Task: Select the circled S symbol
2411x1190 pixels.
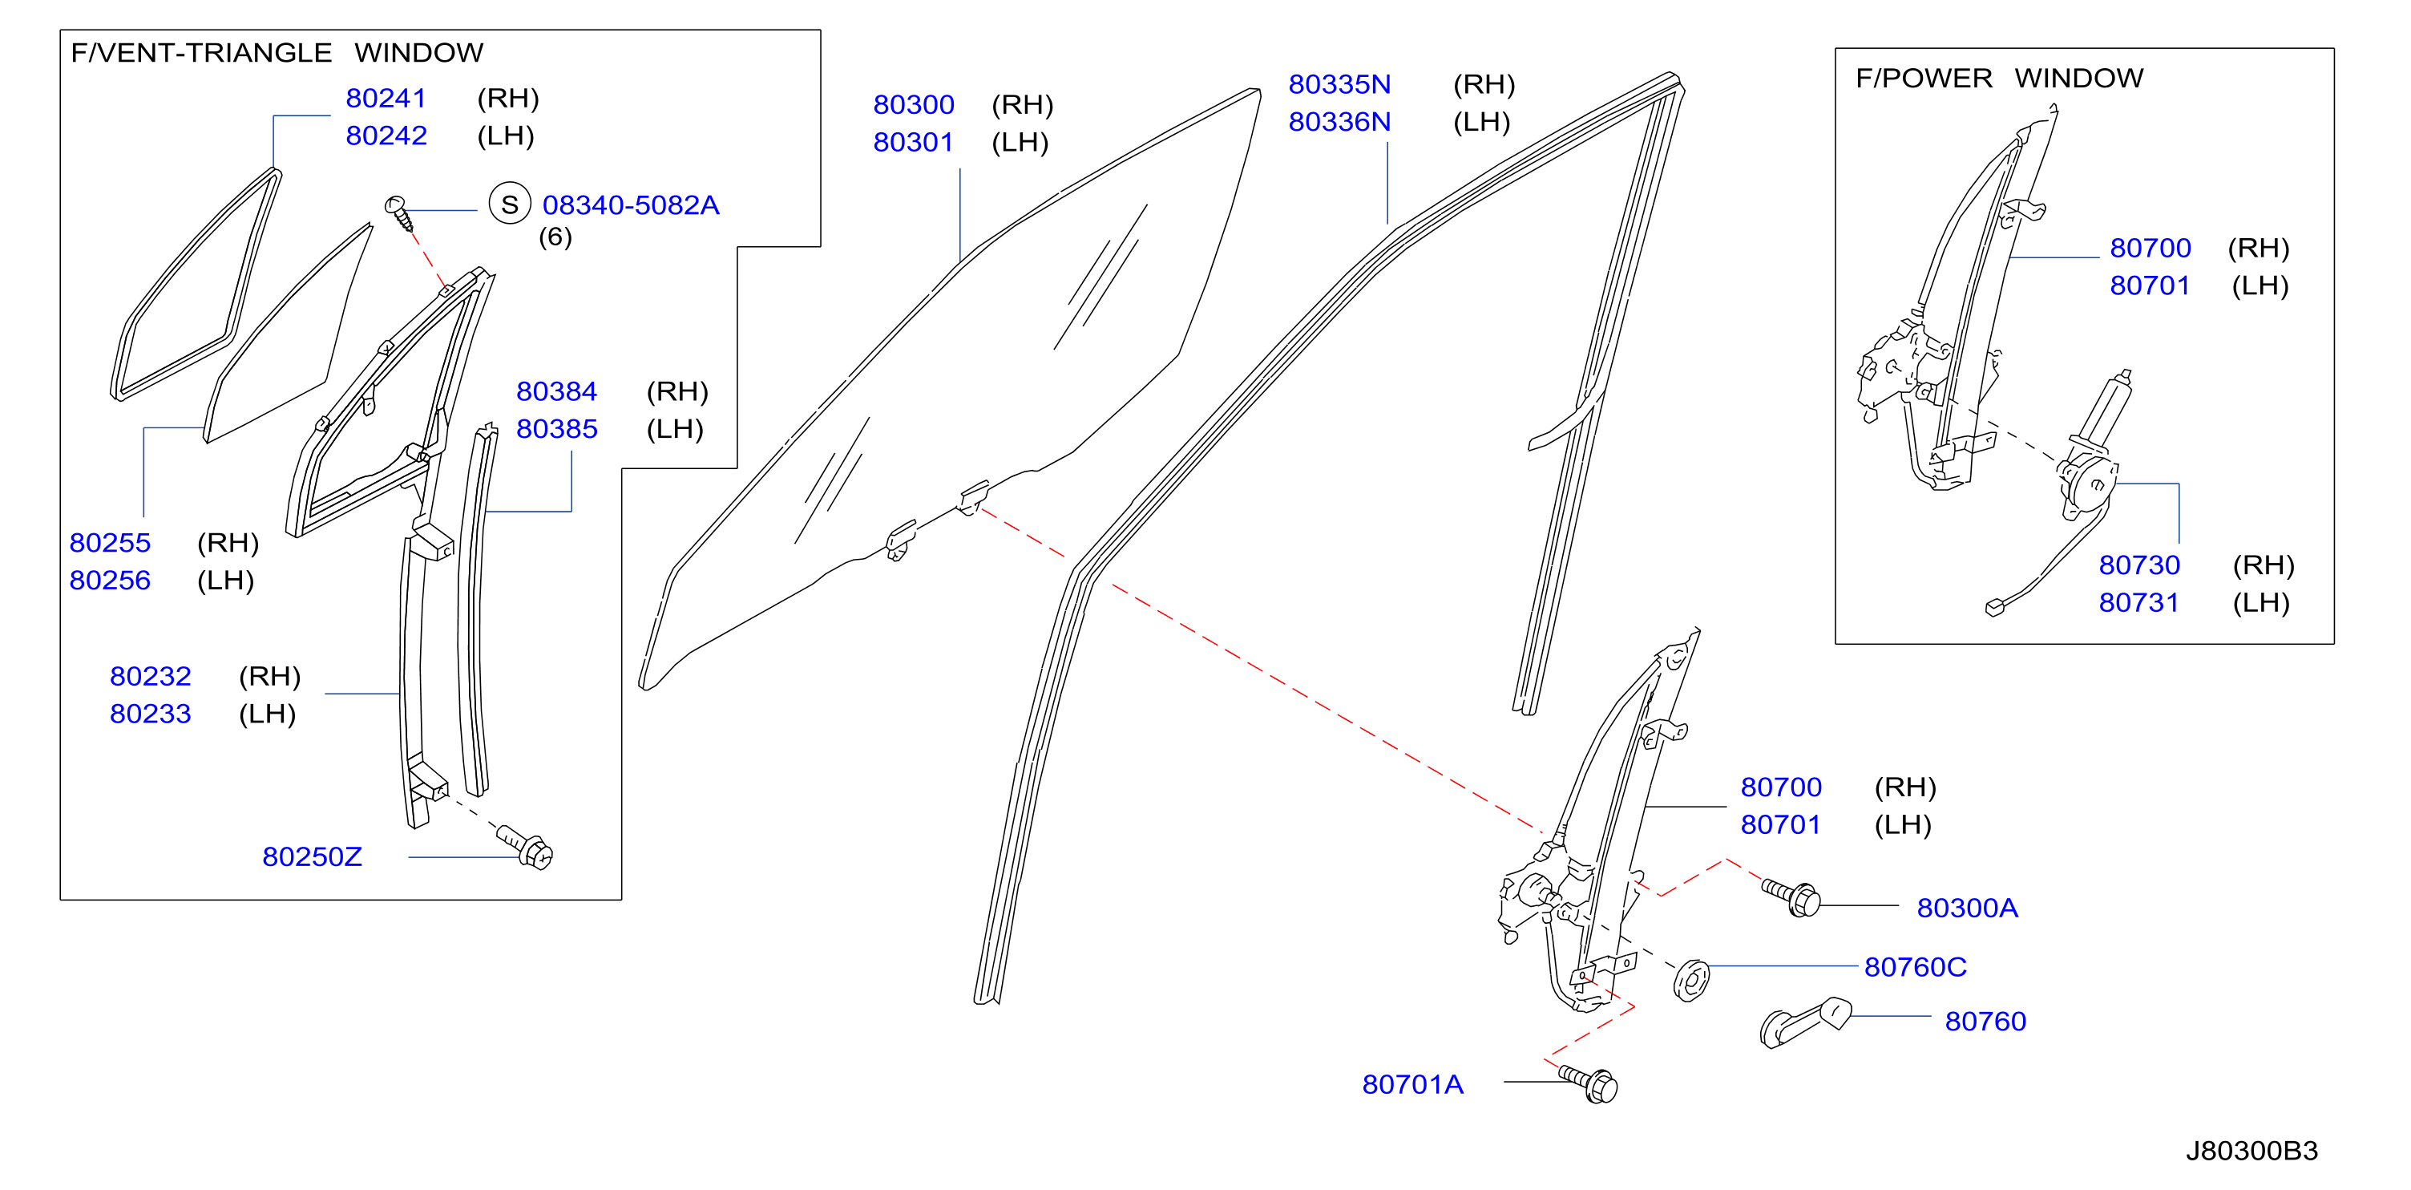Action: pyautogui.click(x=509, y=204)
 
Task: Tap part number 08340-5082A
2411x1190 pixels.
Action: pyautogui.click(x=630, y=205)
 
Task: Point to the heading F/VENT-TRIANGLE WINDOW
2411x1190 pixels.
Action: pyautogui.click(x=277, y=52)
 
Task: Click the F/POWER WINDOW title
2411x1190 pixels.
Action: pyautogui.click(x=1999, y=78)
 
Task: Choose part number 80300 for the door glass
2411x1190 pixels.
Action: pyautogui.click(x=914, y=104)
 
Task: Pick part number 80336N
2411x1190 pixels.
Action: pyautogui.click(x=1339, y=122)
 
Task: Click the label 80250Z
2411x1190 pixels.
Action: pyautogui.click(x=312, y=856)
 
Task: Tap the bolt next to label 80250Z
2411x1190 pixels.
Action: pyautogui.click(x=525, y=846)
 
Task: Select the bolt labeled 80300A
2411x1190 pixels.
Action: pyautogui.click(x=1791, y=898)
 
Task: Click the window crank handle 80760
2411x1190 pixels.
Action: pyautogui.click(x=1805, y=1022)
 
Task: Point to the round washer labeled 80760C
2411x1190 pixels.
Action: pyautogui.click(x=1691, y=980)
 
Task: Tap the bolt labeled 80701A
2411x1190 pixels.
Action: pyautogui.click(x=1589, y=1084)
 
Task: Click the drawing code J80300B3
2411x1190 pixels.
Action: pyautogui.click(x=2251, y=1151)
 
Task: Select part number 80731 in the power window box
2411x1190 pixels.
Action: pyautogui.click(x=2138, y=602)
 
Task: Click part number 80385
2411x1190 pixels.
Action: pyautogui.click(x=557, y=429)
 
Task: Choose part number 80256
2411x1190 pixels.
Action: pyautogui.click(x=110, y=581)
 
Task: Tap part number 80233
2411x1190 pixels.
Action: pyautogui.click(x=150, y=714)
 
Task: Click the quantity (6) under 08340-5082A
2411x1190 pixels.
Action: pyautogui.click(x=555, y=237)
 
